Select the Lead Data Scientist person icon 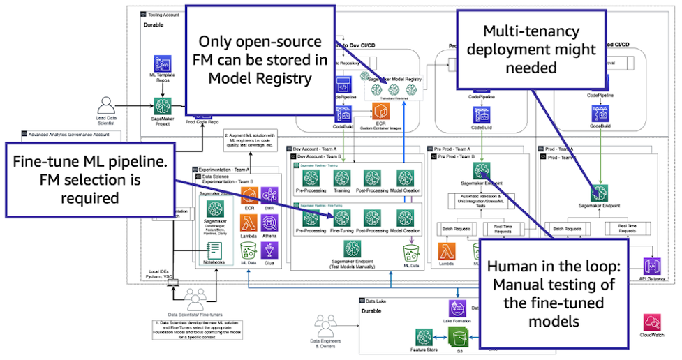(x=106, y=106)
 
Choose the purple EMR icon (x=269, y=195)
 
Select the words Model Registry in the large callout (x=260, y=78)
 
